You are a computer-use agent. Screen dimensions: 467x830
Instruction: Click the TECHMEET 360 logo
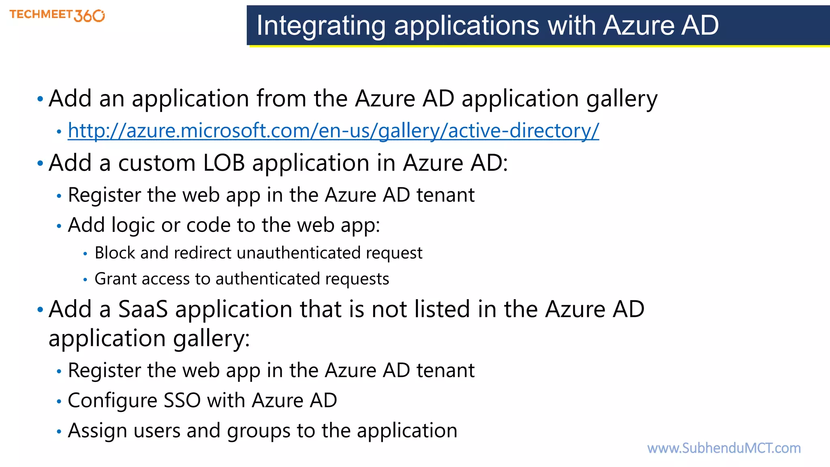57,15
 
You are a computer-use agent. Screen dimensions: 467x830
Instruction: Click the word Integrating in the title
320,26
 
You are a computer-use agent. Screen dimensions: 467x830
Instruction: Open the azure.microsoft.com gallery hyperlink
333,131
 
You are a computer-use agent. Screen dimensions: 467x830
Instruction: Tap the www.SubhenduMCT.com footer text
724,448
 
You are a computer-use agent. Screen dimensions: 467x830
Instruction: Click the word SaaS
143,309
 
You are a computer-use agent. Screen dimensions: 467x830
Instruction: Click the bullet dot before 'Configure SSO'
59,401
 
